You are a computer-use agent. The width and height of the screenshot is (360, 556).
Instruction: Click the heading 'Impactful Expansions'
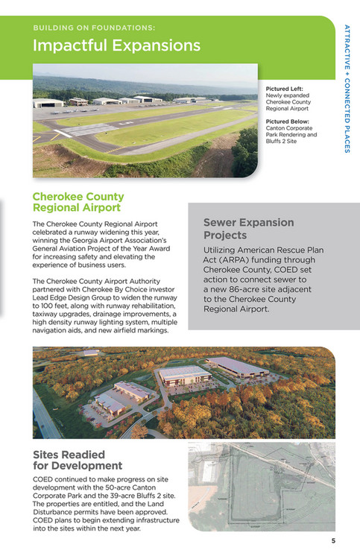pos(116,45)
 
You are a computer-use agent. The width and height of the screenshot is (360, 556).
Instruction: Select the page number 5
pos(334,541)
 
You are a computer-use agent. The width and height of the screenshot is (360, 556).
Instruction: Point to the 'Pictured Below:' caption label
pos(287,120)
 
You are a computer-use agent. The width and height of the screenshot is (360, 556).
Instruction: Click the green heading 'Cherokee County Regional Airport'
pos(77,202)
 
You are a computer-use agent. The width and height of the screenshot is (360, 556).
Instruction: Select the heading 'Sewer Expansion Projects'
pos(248,228)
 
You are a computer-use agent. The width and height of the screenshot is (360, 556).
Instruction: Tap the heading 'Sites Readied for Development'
pos(78,460)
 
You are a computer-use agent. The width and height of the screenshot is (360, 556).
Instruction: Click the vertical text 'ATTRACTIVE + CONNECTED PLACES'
pos(347,89)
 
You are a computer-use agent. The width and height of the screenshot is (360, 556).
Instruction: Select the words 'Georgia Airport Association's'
pos(116,240)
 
